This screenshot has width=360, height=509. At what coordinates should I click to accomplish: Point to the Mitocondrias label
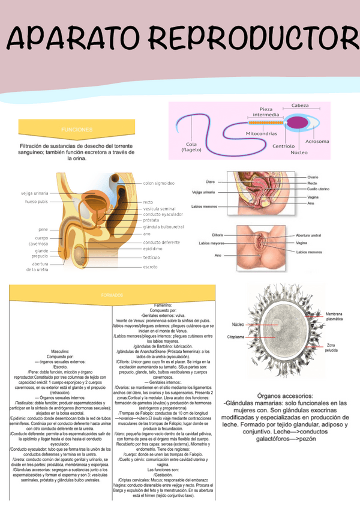pyautogui.click(x=261, y=133)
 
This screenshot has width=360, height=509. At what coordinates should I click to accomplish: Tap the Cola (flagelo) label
pyautogui.click(x=191, y=147)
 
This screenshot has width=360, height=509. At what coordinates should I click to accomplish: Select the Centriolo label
pyautogui.click(x=283, y=145)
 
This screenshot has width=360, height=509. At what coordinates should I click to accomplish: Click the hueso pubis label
pyautogui.click(x=37, y=202)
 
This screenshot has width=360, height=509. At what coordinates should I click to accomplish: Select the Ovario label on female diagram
pyautogui.click(x=313, y=177)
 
